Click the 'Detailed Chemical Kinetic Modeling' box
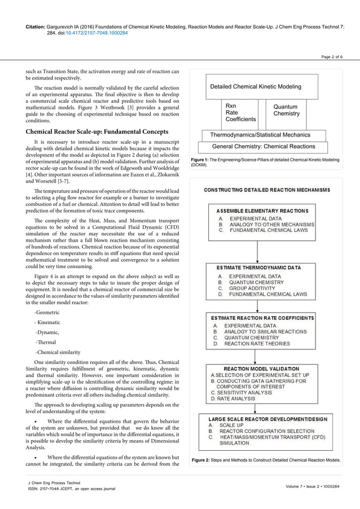(256, 87)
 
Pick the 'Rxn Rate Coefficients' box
(240, 113)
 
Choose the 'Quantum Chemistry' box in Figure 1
(286, 110)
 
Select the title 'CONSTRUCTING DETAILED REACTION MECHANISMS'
(267, 191)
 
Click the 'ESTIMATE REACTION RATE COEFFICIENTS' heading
(262, 318)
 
